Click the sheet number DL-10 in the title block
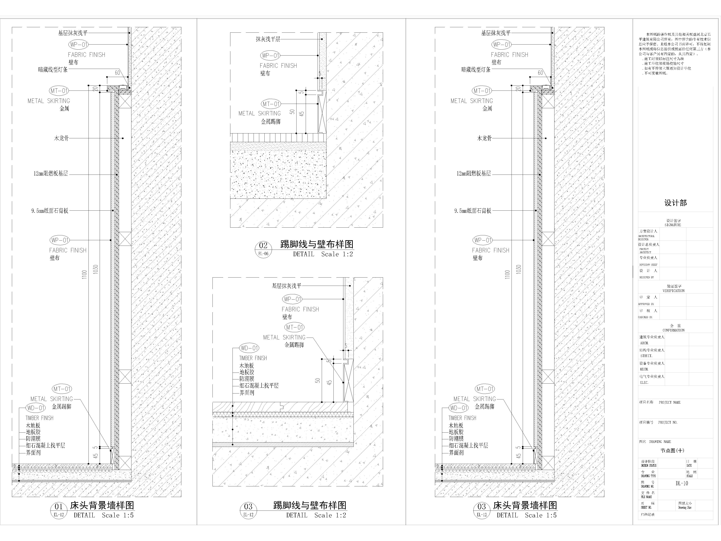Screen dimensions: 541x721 [682, 483]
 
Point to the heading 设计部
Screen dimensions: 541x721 [675, 203]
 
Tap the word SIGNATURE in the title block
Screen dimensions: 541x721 [673, 225]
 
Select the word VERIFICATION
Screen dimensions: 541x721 [673, 291]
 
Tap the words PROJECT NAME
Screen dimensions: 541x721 [669, 402]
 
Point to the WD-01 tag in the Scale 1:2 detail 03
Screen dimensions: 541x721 [249, 348]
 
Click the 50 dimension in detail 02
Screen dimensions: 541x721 [292, 111]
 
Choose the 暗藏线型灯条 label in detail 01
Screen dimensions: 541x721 [53, 69]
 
